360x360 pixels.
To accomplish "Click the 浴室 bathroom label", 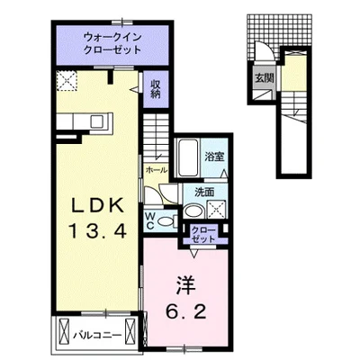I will click(213, 156).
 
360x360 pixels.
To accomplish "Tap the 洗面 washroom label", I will click(203, 191).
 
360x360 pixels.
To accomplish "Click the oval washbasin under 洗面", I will click(193, 210).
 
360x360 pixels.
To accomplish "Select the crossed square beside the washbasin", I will click(216, 209).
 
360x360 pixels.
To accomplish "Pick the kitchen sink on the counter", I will click(96, 120).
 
